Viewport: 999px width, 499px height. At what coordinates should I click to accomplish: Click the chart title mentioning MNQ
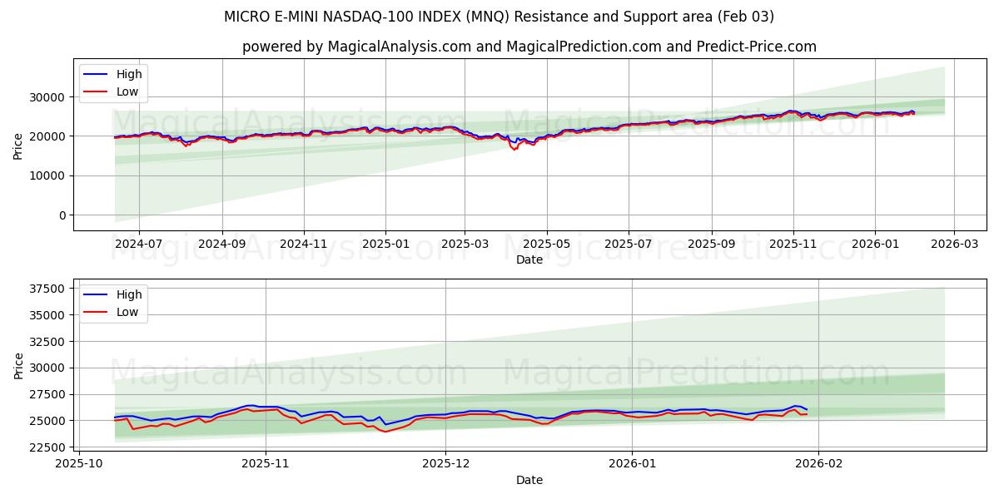(499, 17)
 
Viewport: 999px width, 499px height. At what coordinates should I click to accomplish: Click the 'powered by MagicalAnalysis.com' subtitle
(529, 47)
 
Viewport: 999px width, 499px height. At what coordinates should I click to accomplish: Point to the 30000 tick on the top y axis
(49, 97)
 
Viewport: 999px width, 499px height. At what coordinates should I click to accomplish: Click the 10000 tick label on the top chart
(49, 175)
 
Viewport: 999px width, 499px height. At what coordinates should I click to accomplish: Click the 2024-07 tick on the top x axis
(138, 245)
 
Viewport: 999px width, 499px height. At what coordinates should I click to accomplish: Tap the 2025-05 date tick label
(546, 245)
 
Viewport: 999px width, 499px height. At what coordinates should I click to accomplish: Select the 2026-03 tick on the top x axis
(953, 245)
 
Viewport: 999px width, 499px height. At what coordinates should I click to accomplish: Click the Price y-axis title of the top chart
(18, 146)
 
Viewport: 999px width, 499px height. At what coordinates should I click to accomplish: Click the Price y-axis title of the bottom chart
(18, 366)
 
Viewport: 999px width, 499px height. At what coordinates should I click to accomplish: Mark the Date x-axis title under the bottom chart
(529, 480)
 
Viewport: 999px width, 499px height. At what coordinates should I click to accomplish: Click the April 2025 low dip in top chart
(514, 150)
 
